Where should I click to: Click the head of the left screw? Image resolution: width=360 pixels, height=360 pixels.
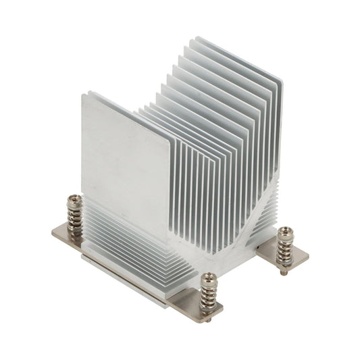75,199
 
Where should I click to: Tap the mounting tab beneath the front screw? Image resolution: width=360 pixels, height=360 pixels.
196,303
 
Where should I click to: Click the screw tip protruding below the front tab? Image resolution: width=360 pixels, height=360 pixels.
209,317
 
